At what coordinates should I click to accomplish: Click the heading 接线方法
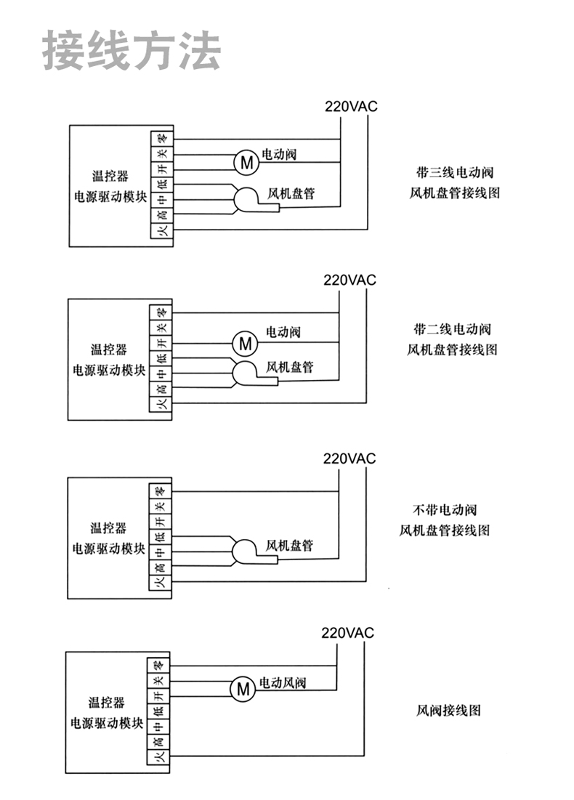coord(131,50)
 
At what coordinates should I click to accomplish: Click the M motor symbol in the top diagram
coord(246,162)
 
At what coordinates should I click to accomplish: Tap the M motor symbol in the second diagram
coord(246,343)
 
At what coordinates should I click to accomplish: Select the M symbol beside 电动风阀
coord(243,690)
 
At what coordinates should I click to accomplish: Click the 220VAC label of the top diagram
coord(351,106)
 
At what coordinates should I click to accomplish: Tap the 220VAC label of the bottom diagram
coord(347,633)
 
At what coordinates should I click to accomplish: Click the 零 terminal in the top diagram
coord(163,138)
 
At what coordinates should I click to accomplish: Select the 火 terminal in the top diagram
coord(163,230)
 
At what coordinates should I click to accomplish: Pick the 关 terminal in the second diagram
coord(161,327)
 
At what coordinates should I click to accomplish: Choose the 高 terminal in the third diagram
coord(161,567)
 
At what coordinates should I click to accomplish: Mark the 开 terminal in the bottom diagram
coord(158,695)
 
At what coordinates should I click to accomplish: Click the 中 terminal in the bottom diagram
coord(158,725)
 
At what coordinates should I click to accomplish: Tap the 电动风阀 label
coord(283,682)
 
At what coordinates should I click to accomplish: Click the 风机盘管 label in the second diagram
coord(289,367)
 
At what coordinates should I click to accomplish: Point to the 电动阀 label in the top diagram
coord(279,153)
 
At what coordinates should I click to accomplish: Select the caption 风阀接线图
coord(448,710)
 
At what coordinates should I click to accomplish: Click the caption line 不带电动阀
coord(445,509)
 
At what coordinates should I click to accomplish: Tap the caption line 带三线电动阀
coord(455,172)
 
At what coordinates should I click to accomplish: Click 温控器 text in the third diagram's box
coord(108,528)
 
